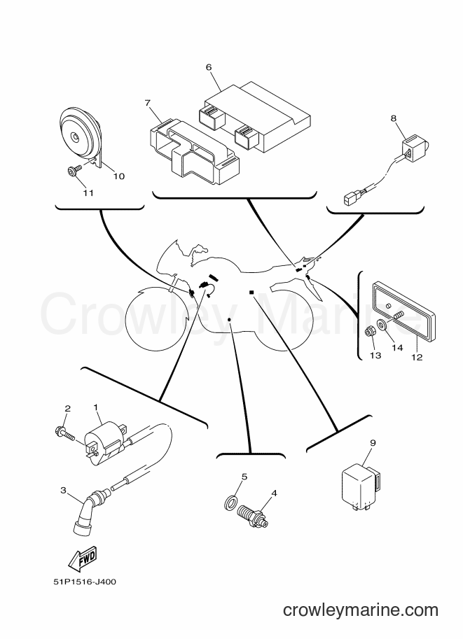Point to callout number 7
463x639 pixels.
coord(148,103)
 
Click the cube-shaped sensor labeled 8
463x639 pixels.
coord(413,145)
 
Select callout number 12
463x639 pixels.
coord(417,358)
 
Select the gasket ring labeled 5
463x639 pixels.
coord(230,502)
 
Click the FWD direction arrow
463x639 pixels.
coord(82,557)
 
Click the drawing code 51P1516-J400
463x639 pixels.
coord(85,582)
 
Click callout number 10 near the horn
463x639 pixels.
coord(118,176)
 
